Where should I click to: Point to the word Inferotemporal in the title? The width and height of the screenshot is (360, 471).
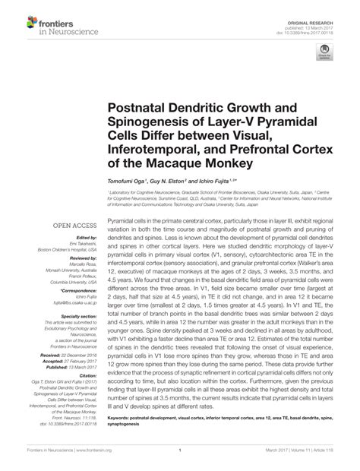coord(150,147)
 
